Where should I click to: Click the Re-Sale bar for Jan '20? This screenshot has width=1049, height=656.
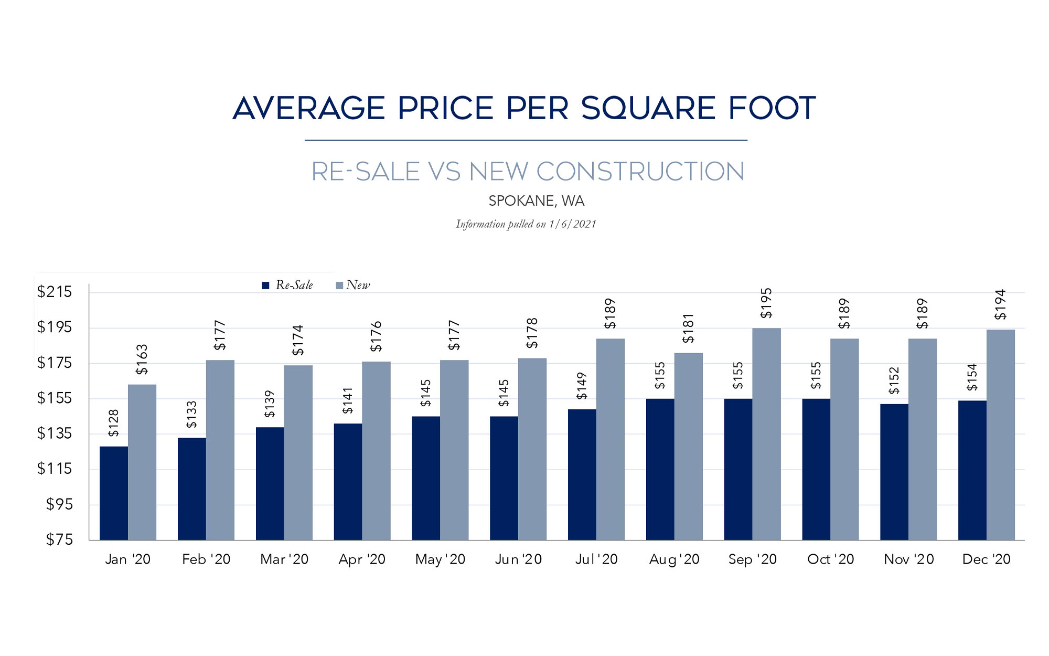point(113,493)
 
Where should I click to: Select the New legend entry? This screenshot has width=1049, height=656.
point(353,285)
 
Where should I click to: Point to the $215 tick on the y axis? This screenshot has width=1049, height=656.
point(54,292)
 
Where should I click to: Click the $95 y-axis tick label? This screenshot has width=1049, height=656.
point(59,504)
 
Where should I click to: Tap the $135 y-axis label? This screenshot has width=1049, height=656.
point(54,433)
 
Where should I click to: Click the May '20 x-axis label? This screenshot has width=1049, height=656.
point(440,559)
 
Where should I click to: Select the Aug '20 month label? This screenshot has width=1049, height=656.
point(674,559)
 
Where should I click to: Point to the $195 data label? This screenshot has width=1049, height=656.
point(766,303)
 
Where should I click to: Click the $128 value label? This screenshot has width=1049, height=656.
point(113,423)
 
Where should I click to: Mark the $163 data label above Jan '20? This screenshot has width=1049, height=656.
point(142,359)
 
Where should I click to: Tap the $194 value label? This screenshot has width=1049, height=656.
point(1000,304)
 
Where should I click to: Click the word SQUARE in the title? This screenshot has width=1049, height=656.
point(648,108)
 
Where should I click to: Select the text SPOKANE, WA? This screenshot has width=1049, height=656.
point(536,201)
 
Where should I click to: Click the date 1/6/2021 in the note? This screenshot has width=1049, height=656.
point(572,224)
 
